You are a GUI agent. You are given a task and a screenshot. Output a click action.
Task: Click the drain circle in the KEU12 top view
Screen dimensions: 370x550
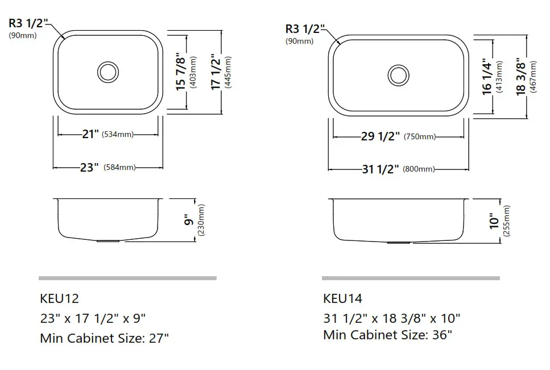[107, 71]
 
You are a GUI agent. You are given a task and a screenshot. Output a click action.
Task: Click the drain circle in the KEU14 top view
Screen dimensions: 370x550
[398, 74]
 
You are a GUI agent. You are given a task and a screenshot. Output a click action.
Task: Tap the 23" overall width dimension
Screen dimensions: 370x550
[90, 167]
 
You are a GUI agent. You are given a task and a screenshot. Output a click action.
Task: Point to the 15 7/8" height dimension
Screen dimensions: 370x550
[181, 72]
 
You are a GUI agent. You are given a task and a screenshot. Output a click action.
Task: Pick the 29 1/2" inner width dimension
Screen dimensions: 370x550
[381, 136]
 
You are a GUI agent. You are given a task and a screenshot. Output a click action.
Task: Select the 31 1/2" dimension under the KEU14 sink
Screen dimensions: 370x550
[381, 169]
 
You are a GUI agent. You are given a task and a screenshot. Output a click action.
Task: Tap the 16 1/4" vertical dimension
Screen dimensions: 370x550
[487, 77]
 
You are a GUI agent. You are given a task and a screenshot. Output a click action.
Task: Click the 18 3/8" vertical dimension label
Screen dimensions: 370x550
[522, 77]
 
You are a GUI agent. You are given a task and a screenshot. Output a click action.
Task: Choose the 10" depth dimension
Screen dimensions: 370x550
[494, 222]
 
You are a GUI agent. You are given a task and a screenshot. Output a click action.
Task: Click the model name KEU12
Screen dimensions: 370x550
[59, 298]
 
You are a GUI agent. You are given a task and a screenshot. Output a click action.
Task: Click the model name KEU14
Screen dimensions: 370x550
[342, 298]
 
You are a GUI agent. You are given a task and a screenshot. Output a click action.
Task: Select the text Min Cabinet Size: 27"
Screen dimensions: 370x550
[105, 338]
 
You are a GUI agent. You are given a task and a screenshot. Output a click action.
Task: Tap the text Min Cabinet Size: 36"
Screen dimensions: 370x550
[387, 335]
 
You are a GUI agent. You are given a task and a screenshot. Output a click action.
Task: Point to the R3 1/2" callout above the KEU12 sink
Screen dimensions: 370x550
[29, 23]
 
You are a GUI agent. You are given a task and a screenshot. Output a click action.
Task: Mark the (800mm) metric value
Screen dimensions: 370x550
[419, 169]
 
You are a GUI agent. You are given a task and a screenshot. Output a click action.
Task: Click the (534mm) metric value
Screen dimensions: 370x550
[118, 135]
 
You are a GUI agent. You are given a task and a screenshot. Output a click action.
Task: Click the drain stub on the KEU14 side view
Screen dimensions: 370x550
[398, 242]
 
